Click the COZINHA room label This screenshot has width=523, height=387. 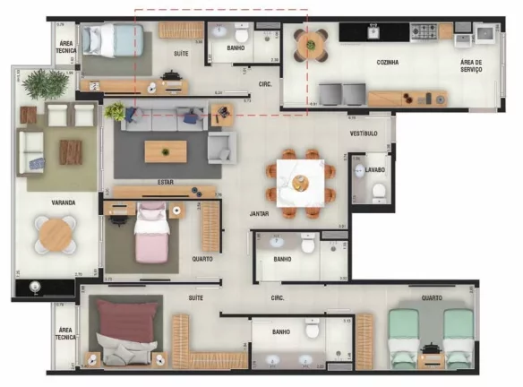coord(388,63)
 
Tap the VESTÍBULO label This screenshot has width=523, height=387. coord(363,133)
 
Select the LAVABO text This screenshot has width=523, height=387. coord(375,169)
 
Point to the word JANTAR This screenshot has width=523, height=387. coord(260,215)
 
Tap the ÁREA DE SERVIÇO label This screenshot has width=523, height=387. coord(471,65)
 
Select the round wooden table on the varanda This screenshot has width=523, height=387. coord(56,236)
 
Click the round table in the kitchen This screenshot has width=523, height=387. coord(310,44)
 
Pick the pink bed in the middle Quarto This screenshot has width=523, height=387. coord(151,231)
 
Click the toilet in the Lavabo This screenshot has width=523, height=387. coord(378,191)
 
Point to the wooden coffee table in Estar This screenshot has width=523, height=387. coord(166,151)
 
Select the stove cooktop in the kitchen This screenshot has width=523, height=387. coord(423,31)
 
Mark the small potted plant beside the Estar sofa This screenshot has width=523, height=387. coord(115,112)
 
